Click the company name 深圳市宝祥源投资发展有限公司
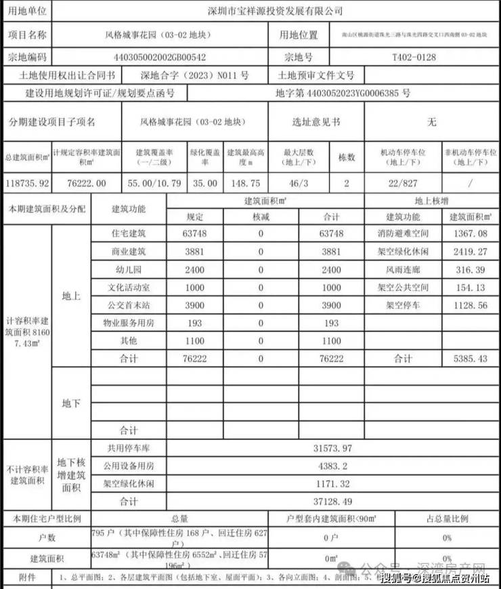pos(274,11)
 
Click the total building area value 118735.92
pos(26,183)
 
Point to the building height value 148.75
pos(244,183)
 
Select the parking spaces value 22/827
pos(404,183)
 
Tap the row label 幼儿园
pos(129,269)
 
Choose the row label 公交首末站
pos(129,305)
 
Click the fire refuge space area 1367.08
pos(469,233)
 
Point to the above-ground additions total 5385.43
pos(469,359)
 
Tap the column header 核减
pos(261,217)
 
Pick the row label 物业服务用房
pos(129,323)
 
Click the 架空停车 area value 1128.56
pos(469,305)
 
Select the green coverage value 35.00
pos(204,183)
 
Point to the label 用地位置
pos(299,35)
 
